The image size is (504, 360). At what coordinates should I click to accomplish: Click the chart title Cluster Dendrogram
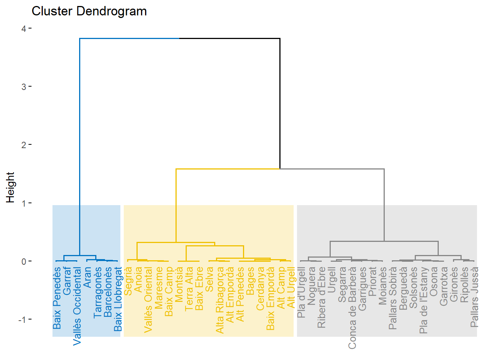click(x=89, y=11)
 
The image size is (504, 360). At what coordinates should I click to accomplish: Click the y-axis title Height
click(x=10, y=187)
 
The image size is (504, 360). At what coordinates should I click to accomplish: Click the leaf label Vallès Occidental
click(x=77, y=306)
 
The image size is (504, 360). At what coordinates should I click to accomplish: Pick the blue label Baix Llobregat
click(x=118, y=299)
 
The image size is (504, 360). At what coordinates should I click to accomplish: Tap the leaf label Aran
click(x=87, y=277)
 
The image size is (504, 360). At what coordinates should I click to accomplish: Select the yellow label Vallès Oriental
click(x=148, y=300)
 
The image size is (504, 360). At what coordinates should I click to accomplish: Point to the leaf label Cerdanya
click(x=260, y=288)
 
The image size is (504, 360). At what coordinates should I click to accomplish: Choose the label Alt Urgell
click(x=291, y=287)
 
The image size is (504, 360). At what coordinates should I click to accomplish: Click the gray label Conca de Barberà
click(x=352, y=307)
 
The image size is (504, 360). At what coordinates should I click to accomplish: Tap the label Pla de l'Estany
click(x=423, y=300)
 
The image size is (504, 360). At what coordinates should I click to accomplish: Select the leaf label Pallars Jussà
click(x=474, y=297)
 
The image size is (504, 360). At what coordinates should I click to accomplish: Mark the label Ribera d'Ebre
click(x=321, y=297)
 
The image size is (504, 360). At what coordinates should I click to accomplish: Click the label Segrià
click(x=128, y=281)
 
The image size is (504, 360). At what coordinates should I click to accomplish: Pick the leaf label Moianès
click(x=382, y=286)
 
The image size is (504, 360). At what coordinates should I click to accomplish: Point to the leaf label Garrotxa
click(x=444, y=286)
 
